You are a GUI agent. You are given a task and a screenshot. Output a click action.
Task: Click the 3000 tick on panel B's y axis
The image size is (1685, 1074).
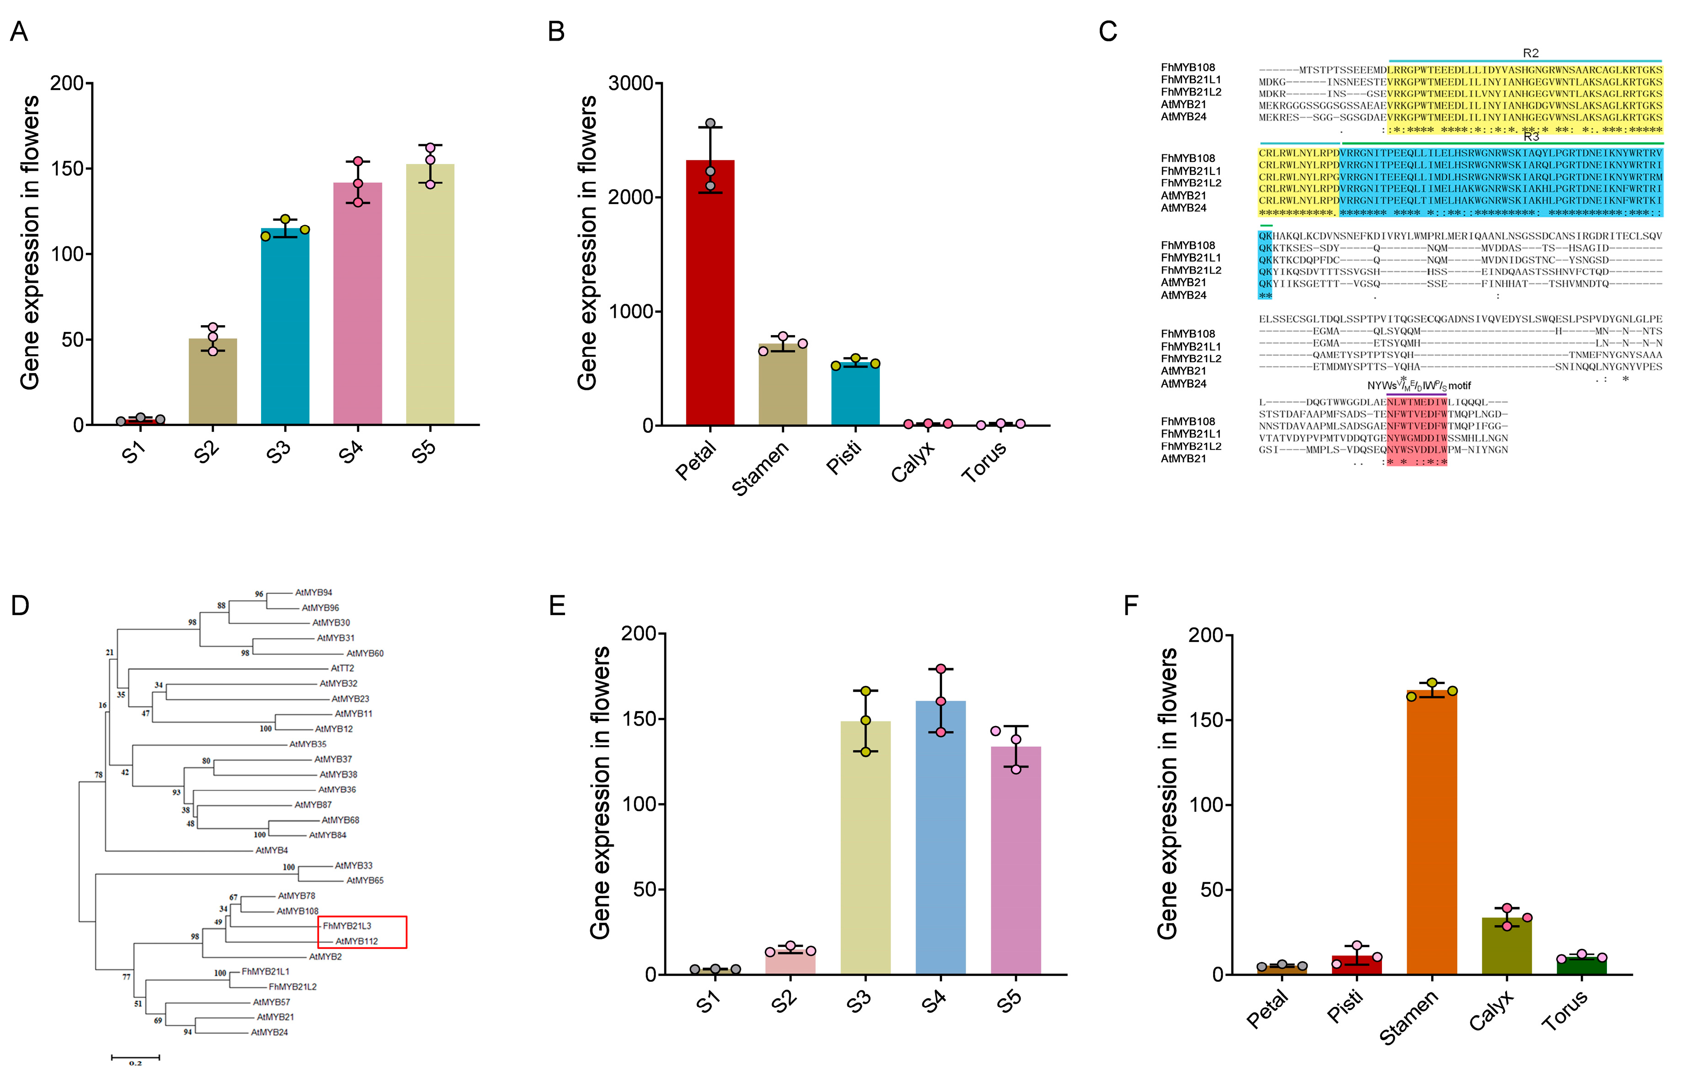[630, 83]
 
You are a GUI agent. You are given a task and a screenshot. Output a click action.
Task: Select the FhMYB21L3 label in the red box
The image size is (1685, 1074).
[347, 926]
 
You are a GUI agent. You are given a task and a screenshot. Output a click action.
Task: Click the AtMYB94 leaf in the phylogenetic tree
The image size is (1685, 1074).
[314, 592]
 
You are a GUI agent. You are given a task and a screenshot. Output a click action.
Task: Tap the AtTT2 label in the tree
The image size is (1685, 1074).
[342, 668]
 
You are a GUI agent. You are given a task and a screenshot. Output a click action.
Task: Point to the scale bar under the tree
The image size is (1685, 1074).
[135, 1057]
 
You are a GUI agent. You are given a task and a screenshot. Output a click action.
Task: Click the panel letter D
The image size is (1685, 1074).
[20, 605]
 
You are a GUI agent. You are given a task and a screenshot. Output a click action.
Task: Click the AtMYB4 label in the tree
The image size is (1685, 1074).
[272, 850]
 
